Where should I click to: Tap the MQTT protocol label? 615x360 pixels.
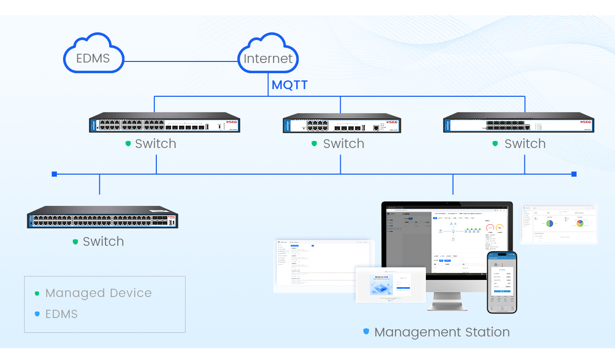pyautogui.click(x=290, y=85)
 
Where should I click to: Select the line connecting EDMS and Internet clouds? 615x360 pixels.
pyautogui.click(x=181, y=61)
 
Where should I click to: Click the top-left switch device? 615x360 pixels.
pyautogui.click(x=165, y=123)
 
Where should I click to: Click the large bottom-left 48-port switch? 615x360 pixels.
pyautogui.click(x=102, y=218)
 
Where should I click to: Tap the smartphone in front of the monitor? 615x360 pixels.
pyautogui.click(x=502, y=282)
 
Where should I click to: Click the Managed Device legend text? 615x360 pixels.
pyautogui.click(x=98, y=293)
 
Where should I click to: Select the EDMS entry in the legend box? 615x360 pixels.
pyautogui.click(x=61, y=314)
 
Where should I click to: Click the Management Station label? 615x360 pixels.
pyautogui.click(x=442, y=332)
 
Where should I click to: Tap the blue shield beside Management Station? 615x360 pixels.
pyautogui.click(x=366, y=332)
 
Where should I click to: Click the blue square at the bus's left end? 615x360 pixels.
pyautogui.click(x=54, y=174)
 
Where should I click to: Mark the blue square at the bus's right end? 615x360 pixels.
pyautogui.click(x=574, y=174)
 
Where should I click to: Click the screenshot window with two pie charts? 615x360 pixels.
pyautogui.click(x=559, y=224)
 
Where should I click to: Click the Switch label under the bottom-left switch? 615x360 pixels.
pyautogui.click(x=103, y=242)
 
